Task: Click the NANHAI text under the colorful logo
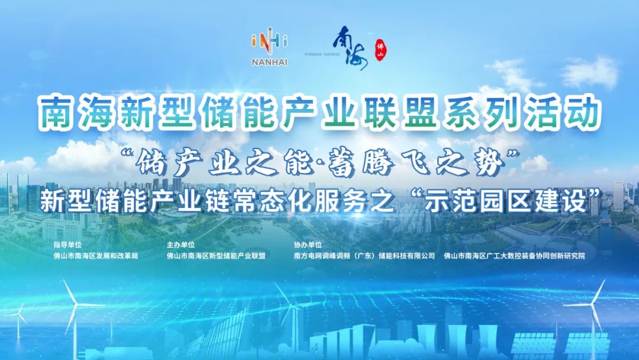[x=270, y=62]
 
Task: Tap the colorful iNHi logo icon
[x=270, y=44]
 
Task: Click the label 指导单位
[x=65, y=245]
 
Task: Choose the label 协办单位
[x=308, y=245]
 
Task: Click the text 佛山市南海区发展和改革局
[x=95, y=256]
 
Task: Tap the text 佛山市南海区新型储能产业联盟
[x=216, y=256]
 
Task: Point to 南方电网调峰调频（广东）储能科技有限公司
[x=364, y=256]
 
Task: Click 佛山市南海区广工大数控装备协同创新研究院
[x=509, y=256]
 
